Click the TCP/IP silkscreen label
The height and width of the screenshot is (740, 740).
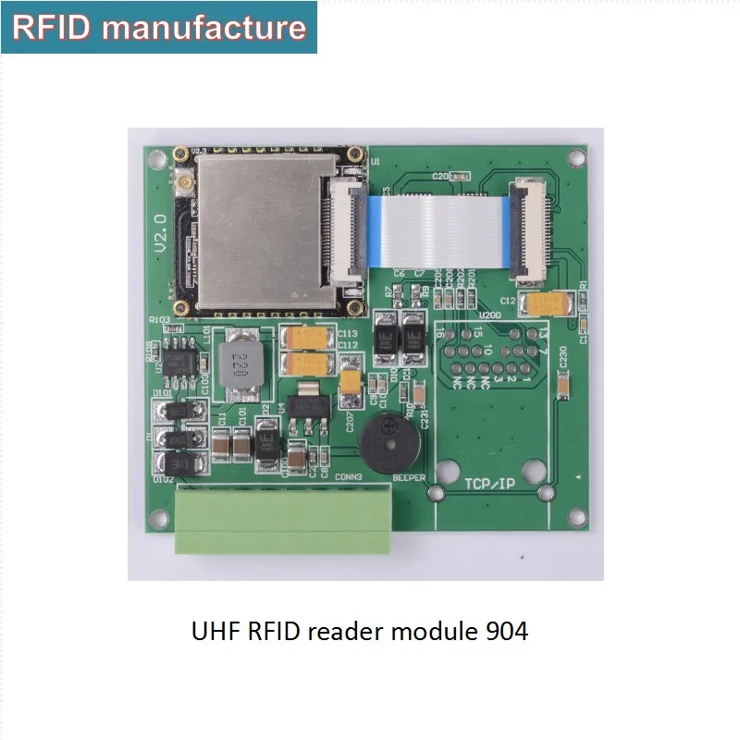point(489,484)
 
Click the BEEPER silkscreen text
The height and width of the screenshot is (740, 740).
point(409,478)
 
